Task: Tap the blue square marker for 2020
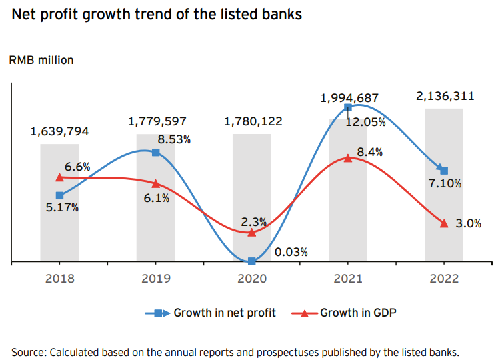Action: (x=252, y=261)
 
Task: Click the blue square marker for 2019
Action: (x=155, y=153)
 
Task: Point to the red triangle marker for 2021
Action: (x=347, y=158)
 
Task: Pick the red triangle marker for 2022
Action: (x=444, y=223)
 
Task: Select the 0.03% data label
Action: (x=291, y=251)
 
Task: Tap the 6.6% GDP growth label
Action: (x=77, y=166)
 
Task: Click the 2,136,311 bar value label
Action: (x=445, y=96)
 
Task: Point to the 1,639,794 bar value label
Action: (x=59, y=131)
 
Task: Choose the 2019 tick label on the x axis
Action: (x=155, y=279)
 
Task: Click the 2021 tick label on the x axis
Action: (x=347, y=279)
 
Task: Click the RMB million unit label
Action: (x=41, y=60)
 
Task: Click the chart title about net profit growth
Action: (x=157, y=14)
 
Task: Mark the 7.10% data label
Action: (x=445, y=183)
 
